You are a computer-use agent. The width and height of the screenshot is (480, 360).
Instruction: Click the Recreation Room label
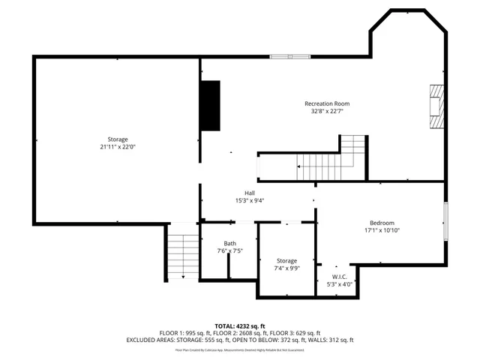tap(326, 103)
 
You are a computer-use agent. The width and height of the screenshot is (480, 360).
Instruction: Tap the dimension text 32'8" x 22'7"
tap(326, 112)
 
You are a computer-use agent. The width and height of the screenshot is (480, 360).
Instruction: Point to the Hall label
tap(239, 192)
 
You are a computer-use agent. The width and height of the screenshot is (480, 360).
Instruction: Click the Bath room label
tap(229, 243)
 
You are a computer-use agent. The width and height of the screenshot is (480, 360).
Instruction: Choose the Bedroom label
tap(381, 223)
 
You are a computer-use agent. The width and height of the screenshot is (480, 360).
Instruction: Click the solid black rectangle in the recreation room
tap(209, 106)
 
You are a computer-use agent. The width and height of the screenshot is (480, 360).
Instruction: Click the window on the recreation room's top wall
tap(290, 55)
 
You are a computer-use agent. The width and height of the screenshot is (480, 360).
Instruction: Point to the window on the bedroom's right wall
tap(445, 221)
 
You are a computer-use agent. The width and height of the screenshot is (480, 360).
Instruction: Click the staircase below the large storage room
tap(181, 256)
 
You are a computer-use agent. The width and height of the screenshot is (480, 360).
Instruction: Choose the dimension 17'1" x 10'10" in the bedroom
tap(381, 231)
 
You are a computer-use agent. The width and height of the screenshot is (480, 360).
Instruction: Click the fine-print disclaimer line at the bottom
tap(239, 349)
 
